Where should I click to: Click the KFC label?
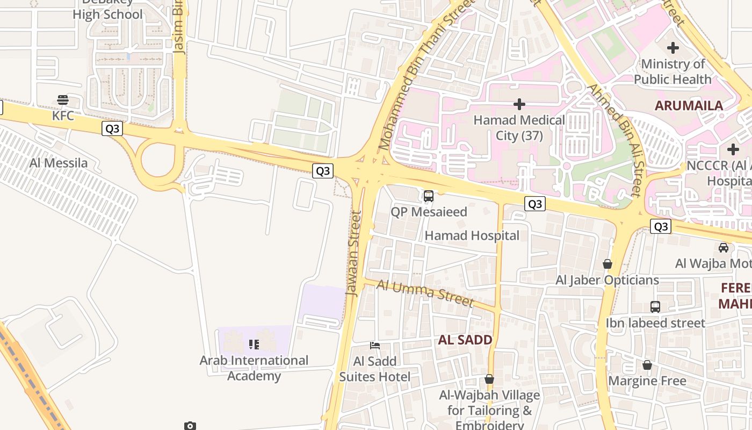click(63, 116)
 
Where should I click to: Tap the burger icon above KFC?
click(63, 100)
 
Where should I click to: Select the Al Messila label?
click(59, 163)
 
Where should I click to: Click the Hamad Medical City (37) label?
click(519, 128)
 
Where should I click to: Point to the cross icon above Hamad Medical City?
click(519, 104)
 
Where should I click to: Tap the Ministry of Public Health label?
click(673, 71)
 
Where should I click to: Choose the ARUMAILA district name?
click(689, 106)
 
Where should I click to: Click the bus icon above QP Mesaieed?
click(428, 196)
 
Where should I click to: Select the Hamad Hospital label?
click(472, 235)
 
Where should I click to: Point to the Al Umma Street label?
click(425, 293)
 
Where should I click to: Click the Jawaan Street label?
click(354, 253)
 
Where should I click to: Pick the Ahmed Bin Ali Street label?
click(614, 140)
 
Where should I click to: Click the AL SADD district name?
click(465, 340)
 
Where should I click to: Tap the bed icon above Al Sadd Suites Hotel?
click(375, 345)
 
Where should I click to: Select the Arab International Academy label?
click(254, 368)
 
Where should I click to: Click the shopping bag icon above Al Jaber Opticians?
click(608, 264)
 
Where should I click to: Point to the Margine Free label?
click(647, 381)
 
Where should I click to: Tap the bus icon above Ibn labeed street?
click(655, 307)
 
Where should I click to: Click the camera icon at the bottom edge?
click(190, 426)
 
